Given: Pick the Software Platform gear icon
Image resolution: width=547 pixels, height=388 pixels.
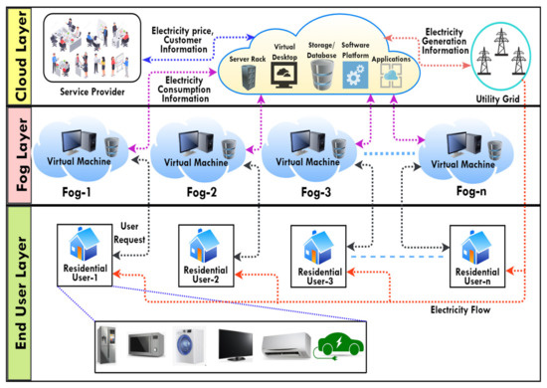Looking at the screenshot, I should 355,72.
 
